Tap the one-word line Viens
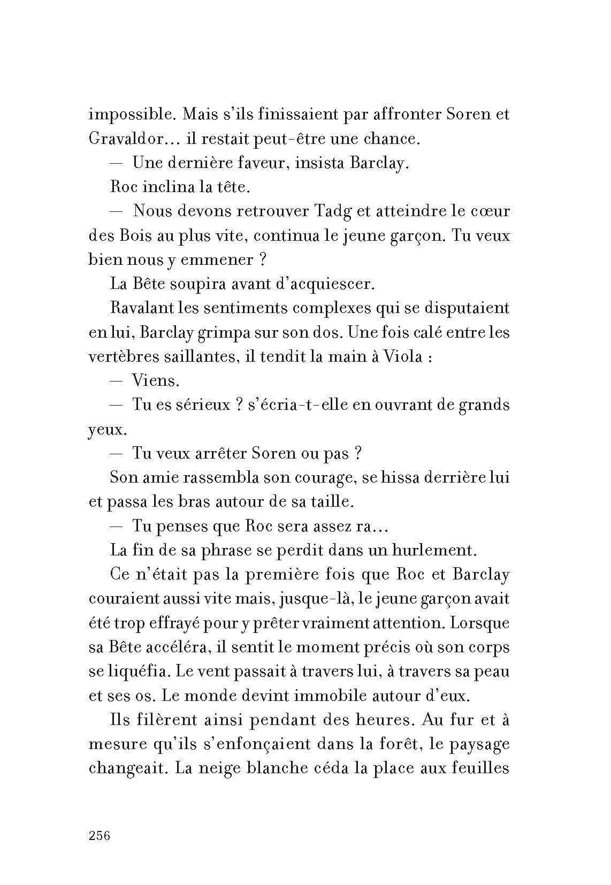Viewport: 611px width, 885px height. click(155, 380)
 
